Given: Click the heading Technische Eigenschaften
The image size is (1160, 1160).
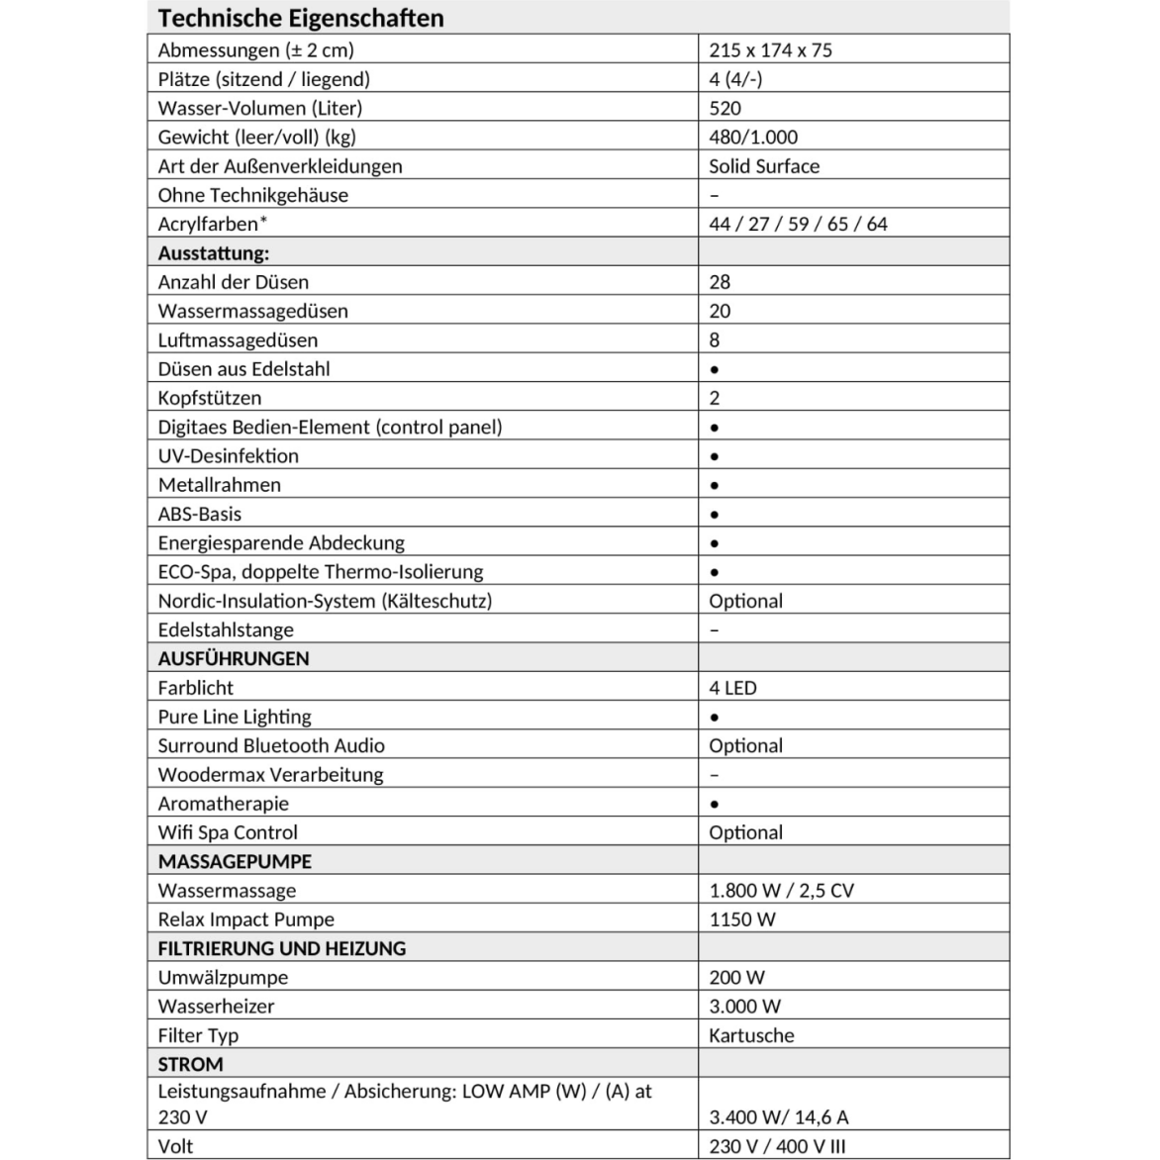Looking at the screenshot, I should pos(301,18).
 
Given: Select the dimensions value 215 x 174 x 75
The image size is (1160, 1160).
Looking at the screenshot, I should pos(770,50).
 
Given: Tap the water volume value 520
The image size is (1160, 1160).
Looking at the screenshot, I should pos(725,108).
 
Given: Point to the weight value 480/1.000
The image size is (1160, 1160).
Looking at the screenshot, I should pos(753,137).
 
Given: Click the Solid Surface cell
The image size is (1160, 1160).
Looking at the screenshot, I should pos(764,166).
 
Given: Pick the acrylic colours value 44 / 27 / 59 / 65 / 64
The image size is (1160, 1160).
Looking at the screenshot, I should pos(798,224).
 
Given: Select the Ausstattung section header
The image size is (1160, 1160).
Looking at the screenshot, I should pos(213,252).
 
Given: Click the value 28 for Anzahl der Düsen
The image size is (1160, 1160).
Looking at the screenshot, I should pos(720,282).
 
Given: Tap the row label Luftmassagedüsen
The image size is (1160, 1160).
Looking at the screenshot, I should pos(238,339).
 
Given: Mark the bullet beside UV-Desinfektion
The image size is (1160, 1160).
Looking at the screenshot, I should pos(715,456).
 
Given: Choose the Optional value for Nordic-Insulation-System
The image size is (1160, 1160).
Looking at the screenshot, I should pos(745,601).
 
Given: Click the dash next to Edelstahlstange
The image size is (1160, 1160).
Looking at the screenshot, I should pos(715,630).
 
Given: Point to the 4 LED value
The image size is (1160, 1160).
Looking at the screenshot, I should pos(732,688).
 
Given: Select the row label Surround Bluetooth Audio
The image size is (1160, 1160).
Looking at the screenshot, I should pos(271,745).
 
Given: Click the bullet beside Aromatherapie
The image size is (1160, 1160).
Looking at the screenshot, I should pos(715,805).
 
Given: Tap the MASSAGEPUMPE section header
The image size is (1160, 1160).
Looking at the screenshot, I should pos(235,861).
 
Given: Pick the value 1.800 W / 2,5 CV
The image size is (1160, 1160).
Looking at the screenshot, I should pos(781,890).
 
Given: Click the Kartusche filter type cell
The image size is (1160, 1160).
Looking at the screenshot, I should pos(751,1035).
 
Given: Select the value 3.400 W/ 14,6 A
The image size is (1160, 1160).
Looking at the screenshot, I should pos(779,1116).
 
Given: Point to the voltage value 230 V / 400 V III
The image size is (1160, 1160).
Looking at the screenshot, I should pos(777,1146).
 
